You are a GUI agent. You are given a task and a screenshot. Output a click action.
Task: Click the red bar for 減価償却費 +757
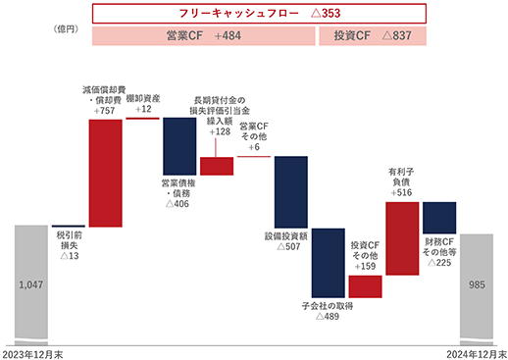pos(106,173)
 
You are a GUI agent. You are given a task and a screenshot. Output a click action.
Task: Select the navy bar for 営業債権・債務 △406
pos(179,146)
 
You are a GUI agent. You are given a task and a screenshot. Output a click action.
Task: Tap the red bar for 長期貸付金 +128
pos(217,166)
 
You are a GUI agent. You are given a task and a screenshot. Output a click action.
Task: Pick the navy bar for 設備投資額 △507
pos(291,192)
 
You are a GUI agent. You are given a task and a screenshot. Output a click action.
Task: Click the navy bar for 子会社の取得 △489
pos(329,263)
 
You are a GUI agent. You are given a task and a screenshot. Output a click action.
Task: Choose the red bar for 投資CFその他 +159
pos(365,286)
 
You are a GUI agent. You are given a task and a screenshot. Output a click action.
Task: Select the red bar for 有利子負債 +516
pos(402,238)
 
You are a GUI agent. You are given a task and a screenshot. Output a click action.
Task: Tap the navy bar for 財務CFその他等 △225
pos(439,218)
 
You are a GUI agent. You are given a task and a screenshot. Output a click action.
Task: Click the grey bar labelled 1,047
pos(31,285)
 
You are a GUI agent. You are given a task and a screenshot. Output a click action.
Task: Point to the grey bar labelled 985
pos(477,289)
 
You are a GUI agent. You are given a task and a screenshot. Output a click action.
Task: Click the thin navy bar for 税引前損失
pos(69,226)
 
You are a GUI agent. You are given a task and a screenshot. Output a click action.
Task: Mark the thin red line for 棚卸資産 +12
pos(142,119)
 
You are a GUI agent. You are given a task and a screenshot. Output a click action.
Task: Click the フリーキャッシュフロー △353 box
pos(259,14)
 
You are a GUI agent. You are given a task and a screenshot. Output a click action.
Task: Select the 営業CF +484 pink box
pos(204,35)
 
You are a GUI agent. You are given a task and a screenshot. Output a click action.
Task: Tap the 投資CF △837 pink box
pos(373,35)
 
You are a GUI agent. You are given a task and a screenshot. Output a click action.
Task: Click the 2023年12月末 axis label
pos(32,354)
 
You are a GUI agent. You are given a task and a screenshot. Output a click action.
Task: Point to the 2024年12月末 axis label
pos(477,354)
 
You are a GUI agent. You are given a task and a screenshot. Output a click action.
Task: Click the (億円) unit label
pos(66,29)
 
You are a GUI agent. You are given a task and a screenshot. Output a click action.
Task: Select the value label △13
pos(70,256)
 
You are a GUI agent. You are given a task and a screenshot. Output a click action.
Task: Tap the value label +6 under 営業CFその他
pos(254,147)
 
